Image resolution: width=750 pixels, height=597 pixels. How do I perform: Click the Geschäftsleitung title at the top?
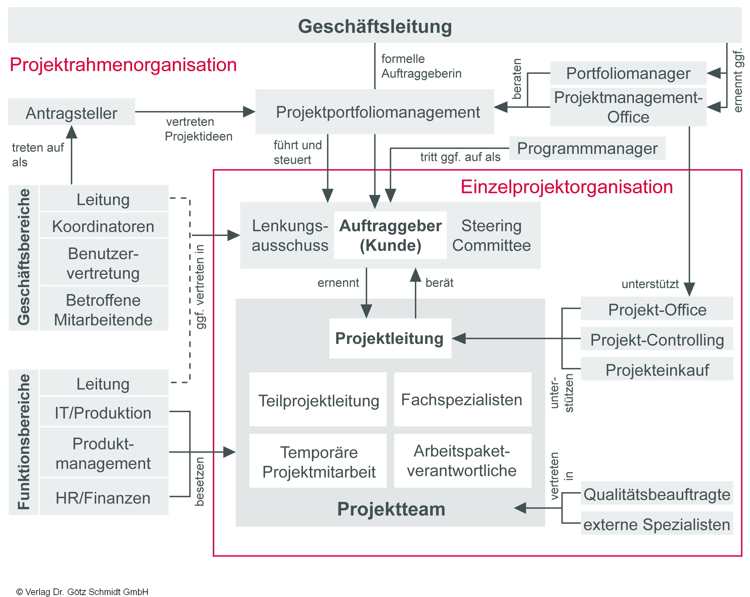click(x=375, y=26)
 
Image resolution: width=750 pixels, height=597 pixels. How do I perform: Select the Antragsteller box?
click(x=71, y=113)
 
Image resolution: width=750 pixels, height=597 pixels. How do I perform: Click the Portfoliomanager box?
click(x=628, y=73)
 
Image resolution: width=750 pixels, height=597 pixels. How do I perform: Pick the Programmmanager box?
click(x=587, y=148)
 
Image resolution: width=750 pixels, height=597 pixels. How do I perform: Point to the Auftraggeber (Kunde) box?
click(x=390, y=235)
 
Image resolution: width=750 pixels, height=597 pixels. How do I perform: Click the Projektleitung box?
click(x=390, y=338)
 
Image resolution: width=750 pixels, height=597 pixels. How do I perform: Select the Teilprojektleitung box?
click(x=318, y=400)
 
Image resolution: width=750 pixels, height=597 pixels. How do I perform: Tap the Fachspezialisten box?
click(x=462, y=399)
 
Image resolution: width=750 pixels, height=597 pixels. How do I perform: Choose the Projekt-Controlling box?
click(x=657, y=340)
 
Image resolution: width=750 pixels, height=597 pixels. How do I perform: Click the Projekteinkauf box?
click(x=657, y=370)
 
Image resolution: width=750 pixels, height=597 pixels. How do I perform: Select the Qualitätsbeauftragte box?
click(x=657, y=494)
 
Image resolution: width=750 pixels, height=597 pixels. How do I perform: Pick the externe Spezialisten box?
click(x=657, y=524)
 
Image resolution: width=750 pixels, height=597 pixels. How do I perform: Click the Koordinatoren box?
click(x=103, y=226)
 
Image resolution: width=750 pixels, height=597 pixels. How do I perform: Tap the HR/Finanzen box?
click(x=103, y=498)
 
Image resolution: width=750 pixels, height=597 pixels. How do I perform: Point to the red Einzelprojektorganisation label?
click(x=566, y=186)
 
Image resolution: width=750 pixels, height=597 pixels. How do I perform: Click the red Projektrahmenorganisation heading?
click(x=123, y=65)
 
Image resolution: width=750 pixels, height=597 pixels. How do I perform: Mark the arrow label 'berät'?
click(x=439, y=282)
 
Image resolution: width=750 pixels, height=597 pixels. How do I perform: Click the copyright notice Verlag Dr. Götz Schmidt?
click(x=82, y=592)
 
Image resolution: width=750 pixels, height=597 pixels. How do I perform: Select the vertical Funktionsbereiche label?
click(x=24, y=442)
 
